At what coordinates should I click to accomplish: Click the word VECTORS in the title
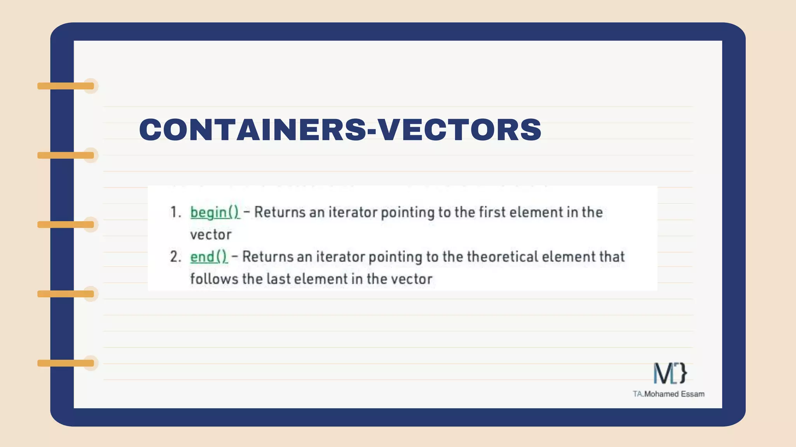click(x=460, y=130)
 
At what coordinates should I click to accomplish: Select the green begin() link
click(x=215, y=213)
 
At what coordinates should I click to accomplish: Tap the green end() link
click(x=209, y=257)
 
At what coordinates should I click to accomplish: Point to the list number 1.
click(x=175, y=213)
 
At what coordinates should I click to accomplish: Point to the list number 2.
click(x=175, y=257)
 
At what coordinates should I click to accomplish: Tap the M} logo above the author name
click(x=670, y=373)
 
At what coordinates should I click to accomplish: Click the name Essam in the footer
click(x=693, y=394)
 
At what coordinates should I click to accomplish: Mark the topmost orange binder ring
click(x=66, y=86)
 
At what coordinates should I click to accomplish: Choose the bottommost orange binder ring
click(x=66, y=363)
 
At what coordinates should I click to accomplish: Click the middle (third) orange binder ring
click(x=66, y=225)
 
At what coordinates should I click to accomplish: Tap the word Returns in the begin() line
click(x=280, y=212)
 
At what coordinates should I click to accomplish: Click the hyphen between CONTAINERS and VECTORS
click(x=372, y=131)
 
